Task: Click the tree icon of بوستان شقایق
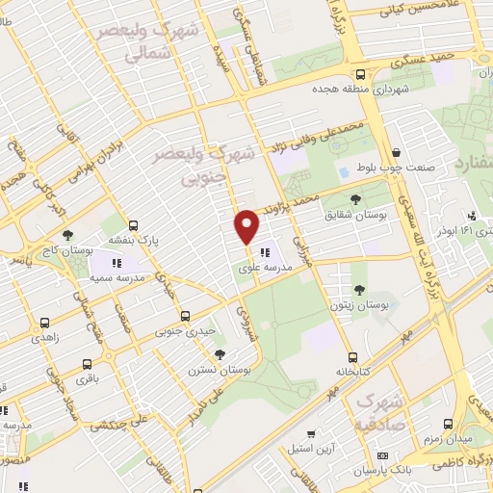[x=356, y=199]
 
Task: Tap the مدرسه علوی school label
[x=263, y=267]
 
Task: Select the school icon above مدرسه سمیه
[x=117, y=262]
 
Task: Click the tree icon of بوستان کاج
[x=66, y=235]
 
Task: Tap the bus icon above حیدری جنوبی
[x=186, y=316]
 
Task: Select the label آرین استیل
[x=310, y=448]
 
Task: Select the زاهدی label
[x=44, y=338]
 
